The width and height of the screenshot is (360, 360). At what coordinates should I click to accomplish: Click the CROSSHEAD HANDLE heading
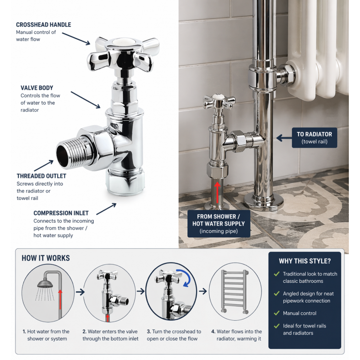pos(43,25)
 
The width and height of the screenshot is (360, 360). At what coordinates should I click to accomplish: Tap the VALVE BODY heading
pos(37,88)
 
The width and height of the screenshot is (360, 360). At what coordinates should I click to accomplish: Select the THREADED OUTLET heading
pos(41,176)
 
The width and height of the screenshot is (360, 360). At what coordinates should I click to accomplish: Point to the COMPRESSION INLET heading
pos(61,213)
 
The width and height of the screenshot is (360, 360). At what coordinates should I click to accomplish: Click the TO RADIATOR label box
pos(314,138)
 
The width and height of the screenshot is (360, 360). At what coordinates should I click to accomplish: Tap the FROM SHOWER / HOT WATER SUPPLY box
pos(218,223)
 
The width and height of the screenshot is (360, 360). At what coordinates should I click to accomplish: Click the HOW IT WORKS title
pos(46,258)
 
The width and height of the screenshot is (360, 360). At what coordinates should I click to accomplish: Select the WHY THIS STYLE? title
pos(304,261)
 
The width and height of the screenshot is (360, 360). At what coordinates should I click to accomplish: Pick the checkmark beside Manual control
pos(277,313)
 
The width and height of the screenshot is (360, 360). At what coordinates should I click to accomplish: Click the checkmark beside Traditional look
pos(277,274)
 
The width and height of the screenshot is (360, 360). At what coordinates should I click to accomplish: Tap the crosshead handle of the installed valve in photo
pos(220,102)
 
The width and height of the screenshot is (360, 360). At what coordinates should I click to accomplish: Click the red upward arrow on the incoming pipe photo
pos(217,190)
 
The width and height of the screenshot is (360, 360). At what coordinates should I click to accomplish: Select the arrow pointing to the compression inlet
pos(107,209)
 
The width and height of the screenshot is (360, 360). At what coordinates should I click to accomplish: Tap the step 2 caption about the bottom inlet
pos(110,335)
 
